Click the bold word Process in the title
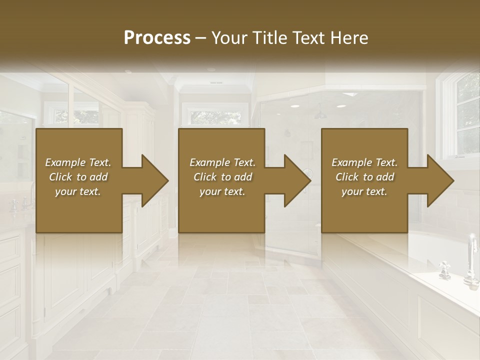(x=157, y=38)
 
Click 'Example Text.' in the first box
(x=78, y=162)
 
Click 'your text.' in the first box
(x=78, y=191)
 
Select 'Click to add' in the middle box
(x=222, y=177)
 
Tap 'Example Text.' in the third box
(x=364, y=162)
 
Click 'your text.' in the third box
(x=364, y=191)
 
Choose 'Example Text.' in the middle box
(x=222, y=162)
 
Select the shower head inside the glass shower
(x=320, y=114)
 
